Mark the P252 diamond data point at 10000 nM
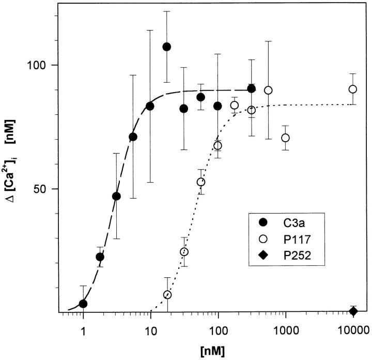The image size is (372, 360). (x=353, y=311)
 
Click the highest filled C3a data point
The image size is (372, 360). (x=166, y=47)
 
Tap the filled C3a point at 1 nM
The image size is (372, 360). (x=83, y=304)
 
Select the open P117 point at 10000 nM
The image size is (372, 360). (x=352, y=89)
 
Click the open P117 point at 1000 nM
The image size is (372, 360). (x=285, y=138)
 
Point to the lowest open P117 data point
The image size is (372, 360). (x=167, y=295)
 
